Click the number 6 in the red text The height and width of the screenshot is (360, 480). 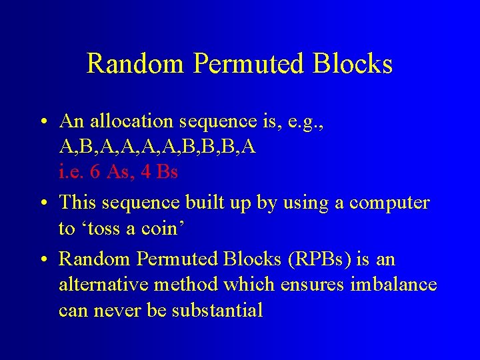pyautogui.click(x=95, y=172)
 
